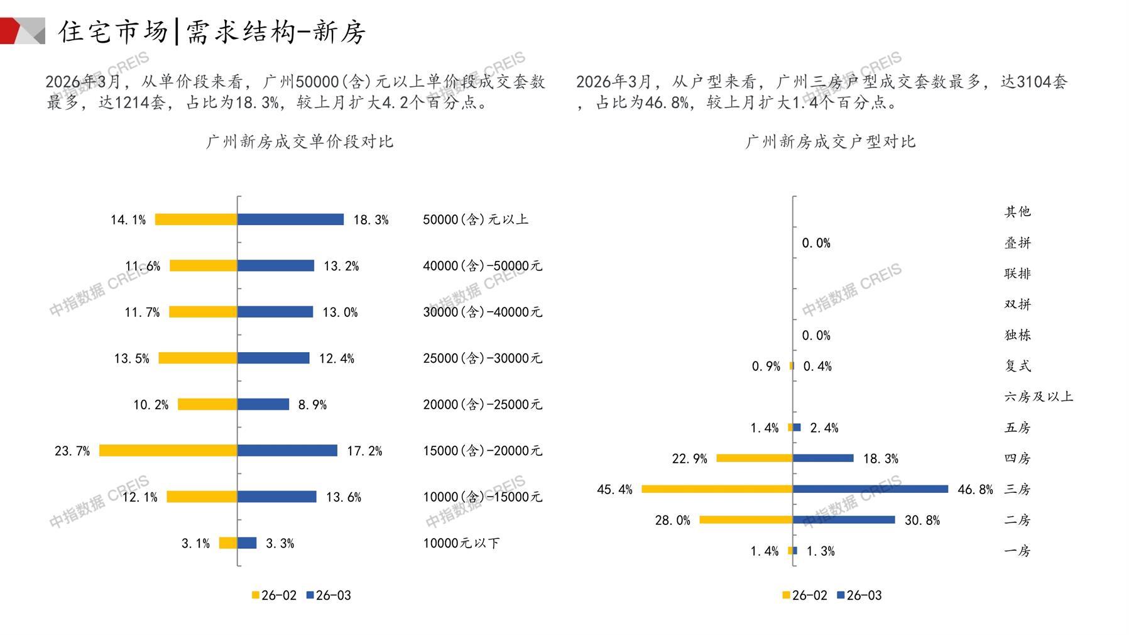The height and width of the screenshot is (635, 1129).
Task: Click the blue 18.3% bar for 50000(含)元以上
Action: coord(290,219)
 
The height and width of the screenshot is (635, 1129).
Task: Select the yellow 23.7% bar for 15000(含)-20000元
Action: coord(168,451)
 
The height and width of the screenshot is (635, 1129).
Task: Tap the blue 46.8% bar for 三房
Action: coord(870,489)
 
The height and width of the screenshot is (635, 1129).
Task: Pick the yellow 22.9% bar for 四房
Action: coord(755,458)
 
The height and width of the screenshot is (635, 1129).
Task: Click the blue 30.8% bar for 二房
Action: coord(844,520)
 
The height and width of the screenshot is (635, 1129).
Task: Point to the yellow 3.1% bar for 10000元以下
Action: coord(228,543)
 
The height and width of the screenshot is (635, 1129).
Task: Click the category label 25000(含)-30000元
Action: coord(482,358)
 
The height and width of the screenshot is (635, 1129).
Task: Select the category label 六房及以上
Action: coord(1038,397)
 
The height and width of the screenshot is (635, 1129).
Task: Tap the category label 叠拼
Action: coord(1017,243)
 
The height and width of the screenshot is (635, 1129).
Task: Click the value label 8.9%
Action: coord(312,405)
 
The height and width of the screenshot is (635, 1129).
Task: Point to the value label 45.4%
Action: coord(614,489)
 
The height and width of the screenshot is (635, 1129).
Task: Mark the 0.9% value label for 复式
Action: coord(766,366)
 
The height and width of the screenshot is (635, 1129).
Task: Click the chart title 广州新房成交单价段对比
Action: coord(300,141)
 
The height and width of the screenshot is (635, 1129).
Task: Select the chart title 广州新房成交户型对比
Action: coord(830,141)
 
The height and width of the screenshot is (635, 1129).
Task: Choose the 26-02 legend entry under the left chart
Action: coord(274,595)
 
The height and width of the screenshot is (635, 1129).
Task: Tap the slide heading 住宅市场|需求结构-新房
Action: coord(212,31)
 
